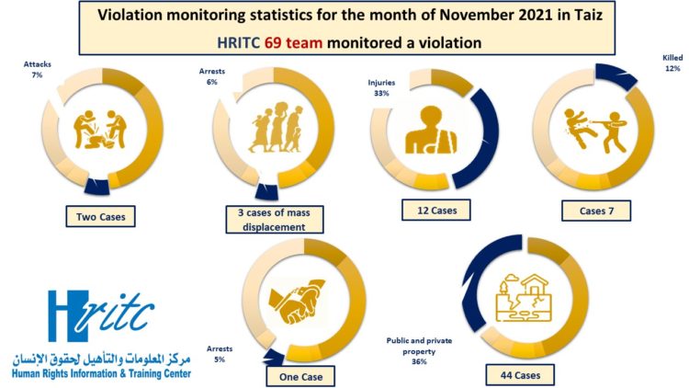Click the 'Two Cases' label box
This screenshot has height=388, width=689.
click(100, 218)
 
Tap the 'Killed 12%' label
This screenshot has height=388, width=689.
click(672, 62)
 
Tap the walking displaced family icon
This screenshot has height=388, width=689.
click(267, 132)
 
